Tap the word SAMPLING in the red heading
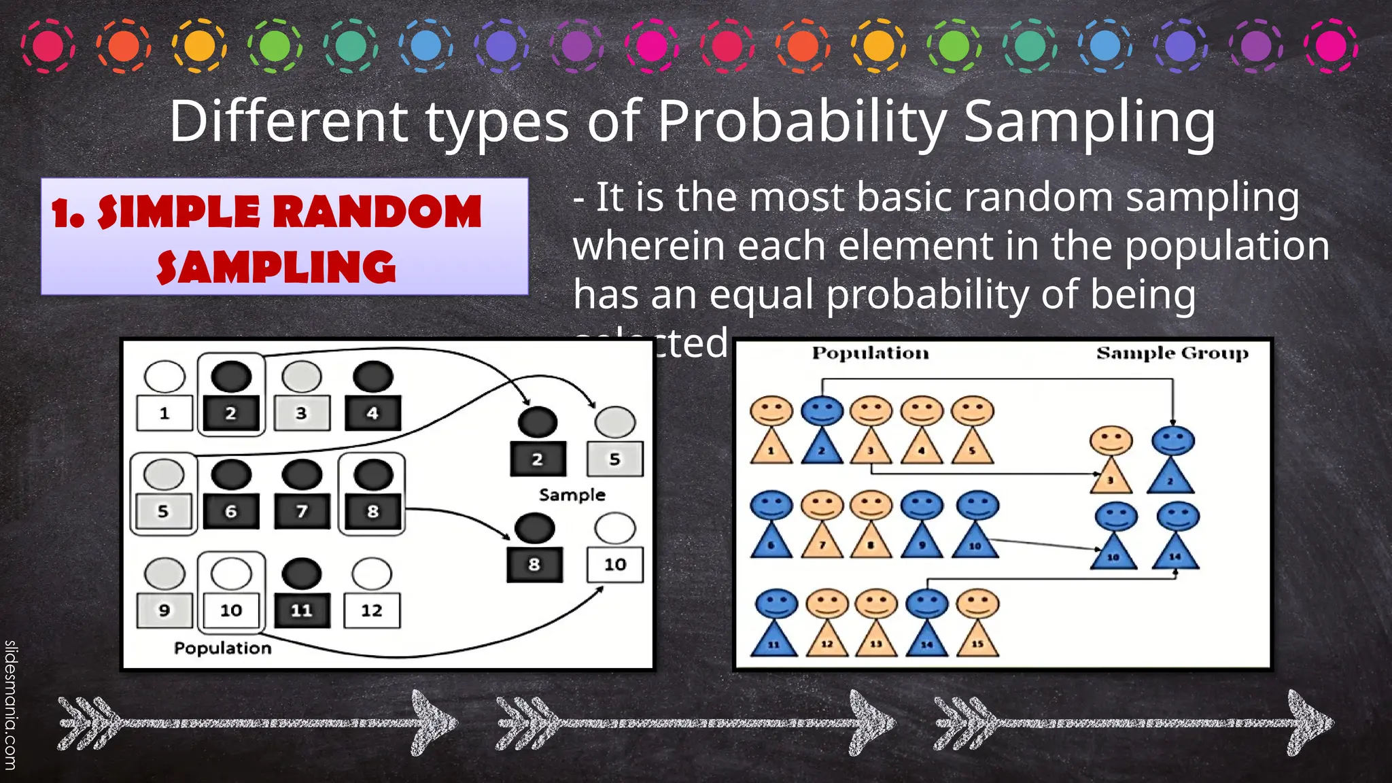(276, 267)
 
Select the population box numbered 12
(372, 610)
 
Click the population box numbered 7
(302, 511)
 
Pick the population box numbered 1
(164, 413)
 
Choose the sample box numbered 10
(614, 564)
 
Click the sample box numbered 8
(535, 564)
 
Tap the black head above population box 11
(302, 574)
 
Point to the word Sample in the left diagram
(572, 495)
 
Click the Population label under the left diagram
(222, 648)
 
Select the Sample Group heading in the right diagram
(1172, 353)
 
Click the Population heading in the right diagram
(870, 353)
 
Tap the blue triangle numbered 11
(773, 640)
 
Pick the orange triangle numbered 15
(977, 640)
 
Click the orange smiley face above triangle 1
(771, 411)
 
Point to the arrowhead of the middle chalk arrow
(873, 723)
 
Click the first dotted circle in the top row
(48, 46)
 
